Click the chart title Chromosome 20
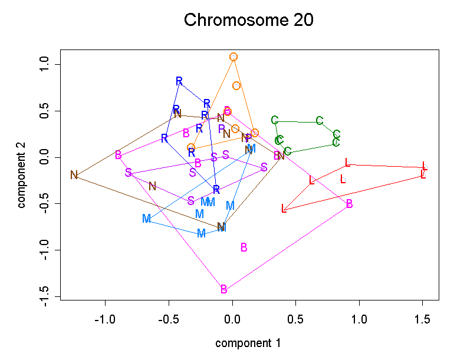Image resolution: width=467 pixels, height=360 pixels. click(248, 20)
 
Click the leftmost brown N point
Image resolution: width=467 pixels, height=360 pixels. click(74, 175)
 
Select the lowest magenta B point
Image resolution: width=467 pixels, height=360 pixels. click(224, 289)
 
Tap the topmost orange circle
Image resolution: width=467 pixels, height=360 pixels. click(233, 57)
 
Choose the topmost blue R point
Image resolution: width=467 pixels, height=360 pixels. click(179, 81)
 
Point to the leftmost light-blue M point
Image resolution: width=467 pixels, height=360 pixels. click(147, 219)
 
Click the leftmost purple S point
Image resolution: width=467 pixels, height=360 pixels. click(129, 173)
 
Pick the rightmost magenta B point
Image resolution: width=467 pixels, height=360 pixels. click(350, 204)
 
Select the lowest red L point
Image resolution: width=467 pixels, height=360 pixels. click(284, 209)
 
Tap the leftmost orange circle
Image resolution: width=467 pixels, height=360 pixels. click(191, 147)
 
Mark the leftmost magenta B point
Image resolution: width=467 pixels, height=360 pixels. click(119, 155)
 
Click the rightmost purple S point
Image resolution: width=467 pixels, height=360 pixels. click(264, 167)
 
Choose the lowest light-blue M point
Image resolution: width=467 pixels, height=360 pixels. click(201, 233)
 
